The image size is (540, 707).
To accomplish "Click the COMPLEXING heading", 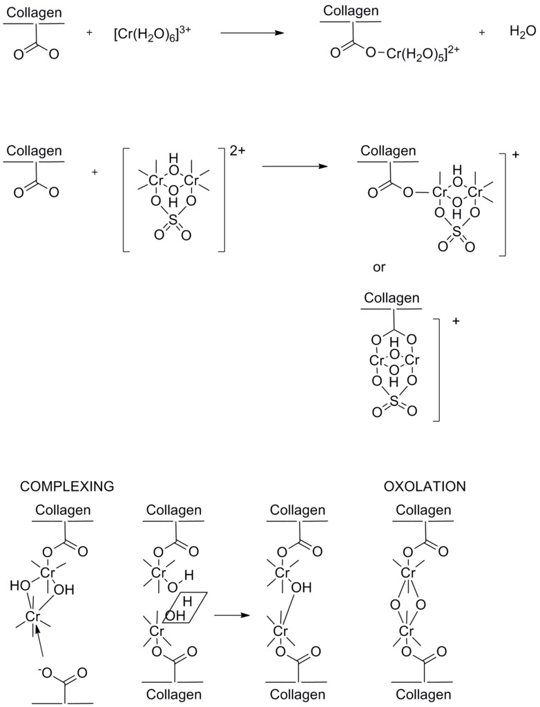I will (67, 486).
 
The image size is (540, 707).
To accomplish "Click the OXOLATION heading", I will (425, 486).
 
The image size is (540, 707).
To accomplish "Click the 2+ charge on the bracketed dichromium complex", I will (238, 151).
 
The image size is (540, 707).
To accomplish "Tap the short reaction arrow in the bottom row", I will (231, 613).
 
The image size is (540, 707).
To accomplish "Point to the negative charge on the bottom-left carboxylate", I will (44, 668).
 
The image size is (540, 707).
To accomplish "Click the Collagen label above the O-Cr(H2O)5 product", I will (351, 11).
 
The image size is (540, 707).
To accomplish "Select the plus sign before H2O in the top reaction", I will (482, 32).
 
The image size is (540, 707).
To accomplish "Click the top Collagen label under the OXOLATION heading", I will (423, 510).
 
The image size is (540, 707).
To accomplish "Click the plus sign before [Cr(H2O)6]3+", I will (90, 32).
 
